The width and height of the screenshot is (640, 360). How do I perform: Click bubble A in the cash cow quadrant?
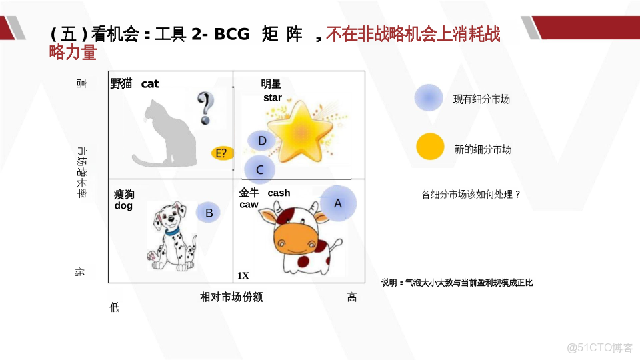pyautogui.click(x=338, y=203)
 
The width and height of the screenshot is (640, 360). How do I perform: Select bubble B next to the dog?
pyautogui.click(x=209, y=213)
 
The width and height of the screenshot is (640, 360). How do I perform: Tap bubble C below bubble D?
pyautogui.click(x=260, y=169)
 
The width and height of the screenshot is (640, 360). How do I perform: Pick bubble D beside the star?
pyautogui.click(x=262, y=141)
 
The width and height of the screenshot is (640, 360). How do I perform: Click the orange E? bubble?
pyautogui.click(x=223, y=153)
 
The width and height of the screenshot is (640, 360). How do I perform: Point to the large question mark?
pyautogui.click(x=207, y=108)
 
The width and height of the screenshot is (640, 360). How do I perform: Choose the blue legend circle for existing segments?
pyautogui.click(x=428, y=99)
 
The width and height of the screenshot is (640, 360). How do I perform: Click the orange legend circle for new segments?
pyautogui.click(x=429, y=147)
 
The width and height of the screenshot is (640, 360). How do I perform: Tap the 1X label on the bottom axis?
pyautogui.click(x=243, y=275)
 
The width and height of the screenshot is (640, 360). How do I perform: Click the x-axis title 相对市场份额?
pyautogui.click(x=231, y=297)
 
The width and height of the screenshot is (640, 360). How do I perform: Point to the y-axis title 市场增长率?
pyautogui.click(x=81, y=173)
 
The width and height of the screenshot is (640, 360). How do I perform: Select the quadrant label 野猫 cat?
pyautogui.click(x=135, y=83)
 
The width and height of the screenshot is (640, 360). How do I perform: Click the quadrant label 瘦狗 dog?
pyautogui.click(x=124, y=199)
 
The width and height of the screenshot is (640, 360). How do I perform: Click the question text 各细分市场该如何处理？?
pyautogui.click(x=471, y=194)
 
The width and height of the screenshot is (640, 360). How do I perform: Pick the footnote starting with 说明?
pyautogui.click(x=457, y=283)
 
